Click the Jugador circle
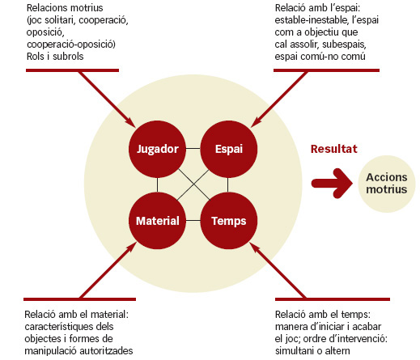(x=157, y=149)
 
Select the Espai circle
(x=229, y=149)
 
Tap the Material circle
(x=157, y=221)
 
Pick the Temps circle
(x=229, y=221)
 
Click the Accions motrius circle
(x=387, y=184)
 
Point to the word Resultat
(x=334, y=149)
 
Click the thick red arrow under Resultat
(x=332, y=184)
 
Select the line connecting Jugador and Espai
(x=193, y=149)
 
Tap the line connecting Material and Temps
(x=193, y=221)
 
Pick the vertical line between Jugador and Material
(x=157, y=185)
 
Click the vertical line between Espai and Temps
(x=228, y=185)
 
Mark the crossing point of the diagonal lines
(x=193, y=184)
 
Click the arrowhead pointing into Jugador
(x=130, y=123)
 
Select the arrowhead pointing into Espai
(x=256, y=123)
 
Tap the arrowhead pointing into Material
(x=132, y=247)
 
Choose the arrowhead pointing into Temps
(x=254, y=247)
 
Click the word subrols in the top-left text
(x=68, y=57)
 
